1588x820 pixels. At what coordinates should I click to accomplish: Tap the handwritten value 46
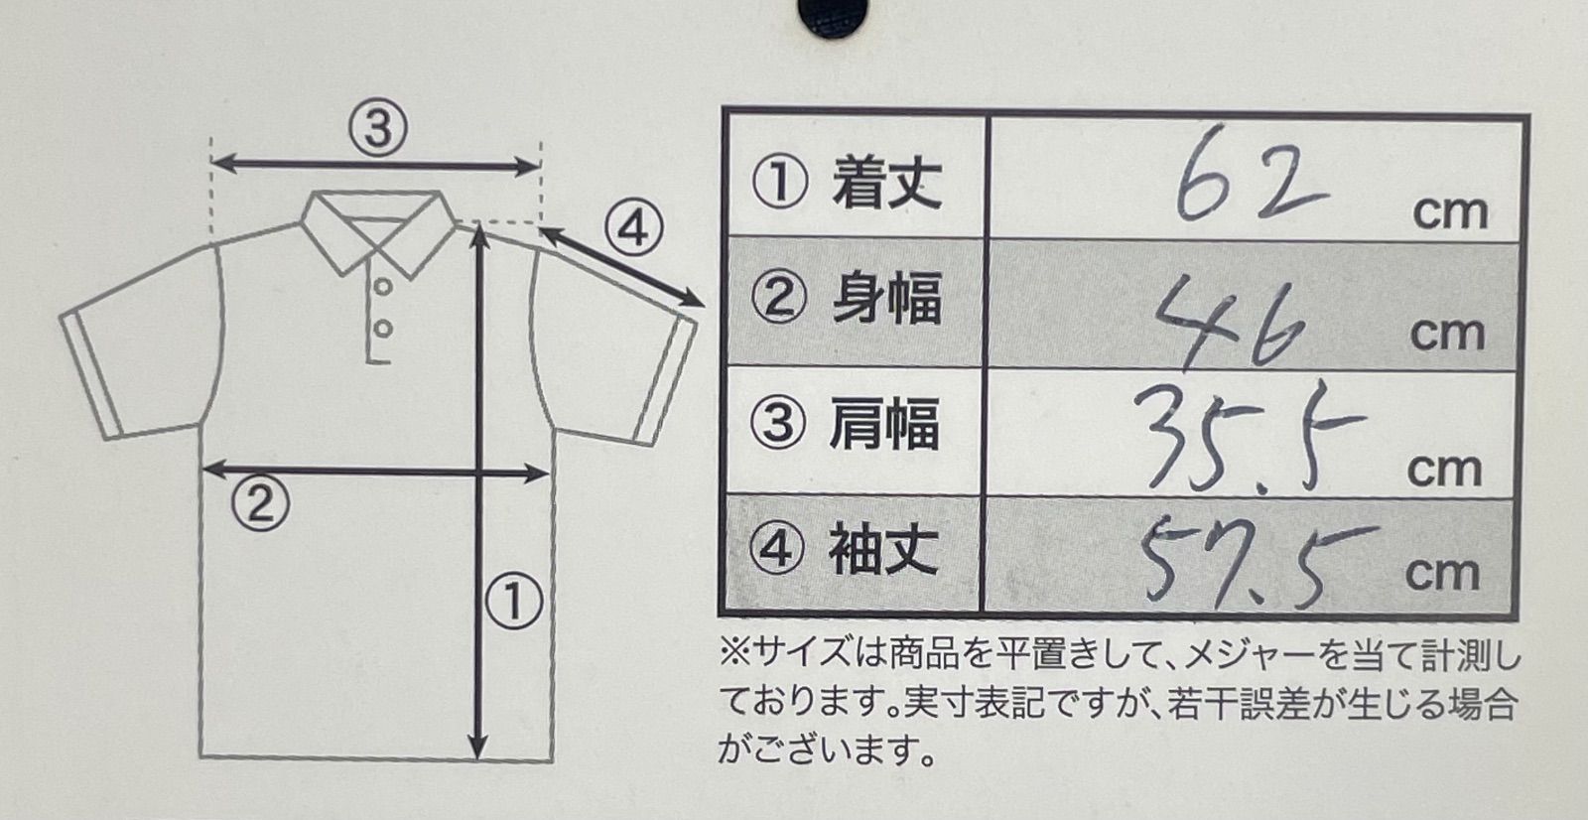point(1231,322)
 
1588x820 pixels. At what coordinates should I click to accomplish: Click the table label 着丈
point(887,183)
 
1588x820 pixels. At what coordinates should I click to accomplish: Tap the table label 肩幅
point(884,424)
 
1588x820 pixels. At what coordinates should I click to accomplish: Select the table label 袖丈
point(884,548)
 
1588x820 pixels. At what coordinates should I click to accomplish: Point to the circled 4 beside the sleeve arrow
point(634,228)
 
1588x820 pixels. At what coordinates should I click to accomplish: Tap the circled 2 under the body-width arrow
point(260,503)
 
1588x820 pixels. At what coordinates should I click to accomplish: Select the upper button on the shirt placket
point(383,287)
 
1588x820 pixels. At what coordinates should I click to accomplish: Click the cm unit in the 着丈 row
point(1450,212)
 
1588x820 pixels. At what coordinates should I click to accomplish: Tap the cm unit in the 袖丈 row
point(1443,574)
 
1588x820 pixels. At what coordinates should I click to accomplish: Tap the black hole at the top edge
point(833,14)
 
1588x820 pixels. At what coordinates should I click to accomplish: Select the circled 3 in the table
point(778,424)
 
